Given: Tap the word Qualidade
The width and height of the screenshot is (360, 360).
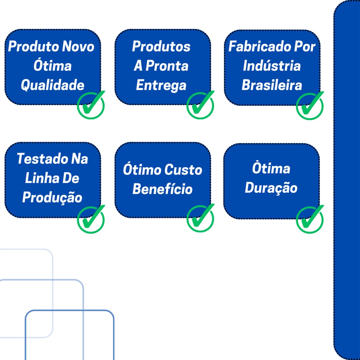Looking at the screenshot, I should [53, 85].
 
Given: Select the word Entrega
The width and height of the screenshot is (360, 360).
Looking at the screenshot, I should [161, 85].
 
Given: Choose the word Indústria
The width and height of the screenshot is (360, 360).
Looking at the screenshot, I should [272, 66].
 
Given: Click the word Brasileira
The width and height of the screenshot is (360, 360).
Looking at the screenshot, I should [272, 85].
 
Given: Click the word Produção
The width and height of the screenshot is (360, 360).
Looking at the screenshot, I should [52, 198].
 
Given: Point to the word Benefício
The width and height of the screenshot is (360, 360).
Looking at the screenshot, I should [162, 189].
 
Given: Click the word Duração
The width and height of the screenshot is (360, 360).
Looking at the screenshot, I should [271, 188].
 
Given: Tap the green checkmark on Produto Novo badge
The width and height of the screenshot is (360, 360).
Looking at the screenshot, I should [91, 105].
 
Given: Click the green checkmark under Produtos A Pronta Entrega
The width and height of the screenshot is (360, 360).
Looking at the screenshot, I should [200, 105].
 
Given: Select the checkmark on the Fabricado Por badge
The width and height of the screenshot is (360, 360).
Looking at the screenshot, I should [310, 106].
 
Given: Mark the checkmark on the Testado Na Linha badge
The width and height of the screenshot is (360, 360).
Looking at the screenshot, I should [91, 219].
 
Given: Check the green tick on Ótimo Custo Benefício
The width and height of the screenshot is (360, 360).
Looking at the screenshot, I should [200, 218].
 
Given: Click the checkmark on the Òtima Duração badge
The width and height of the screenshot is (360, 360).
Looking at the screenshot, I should [310, 219].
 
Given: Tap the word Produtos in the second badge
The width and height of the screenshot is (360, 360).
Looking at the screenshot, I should [161, 46].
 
